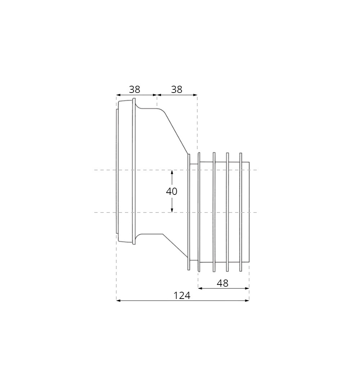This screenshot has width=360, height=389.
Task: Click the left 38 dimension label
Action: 134,89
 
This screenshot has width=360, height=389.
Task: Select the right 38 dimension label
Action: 176,89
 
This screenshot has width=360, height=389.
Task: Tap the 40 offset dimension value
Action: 172,191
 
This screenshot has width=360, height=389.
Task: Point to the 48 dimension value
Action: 222,283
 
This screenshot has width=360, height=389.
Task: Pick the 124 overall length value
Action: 182,296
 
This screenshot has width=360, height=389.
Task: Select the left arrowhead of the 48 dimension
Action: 200,288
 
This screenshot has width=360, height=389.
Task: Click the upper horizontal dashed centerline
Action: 104,170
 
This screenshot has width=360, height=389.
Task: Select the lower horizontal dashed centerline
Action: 104,213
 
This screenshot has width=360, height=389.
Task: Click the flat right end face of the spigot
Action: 249,213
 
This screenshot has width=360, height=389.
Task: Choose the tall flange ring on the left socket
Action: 134,171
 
